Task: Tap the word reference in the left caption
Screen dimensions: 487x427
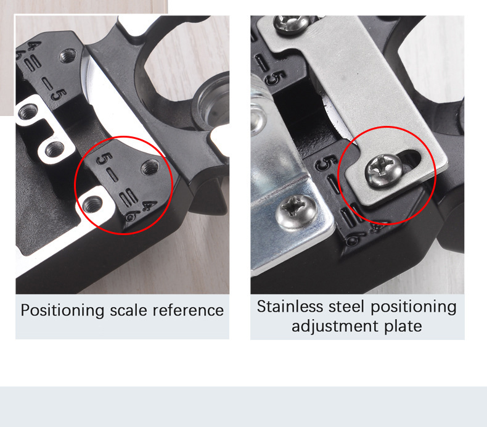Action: tap(188, 310)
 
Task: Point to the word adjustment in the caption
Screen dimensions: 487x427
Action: tap(335, 326)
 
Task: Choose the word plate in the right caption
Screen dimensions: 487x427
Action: tap(403, 326)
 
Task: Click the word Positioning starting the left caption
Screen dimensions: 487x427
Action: tap(62, 311)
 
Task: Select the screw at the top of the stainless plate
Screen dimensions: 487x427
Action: tap(292, 24)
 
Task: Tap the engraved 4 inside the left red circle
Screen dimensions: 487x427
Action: tap(149, 205)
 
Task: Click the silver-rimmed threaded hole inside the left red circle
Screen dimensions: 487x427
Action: tap(93, 204)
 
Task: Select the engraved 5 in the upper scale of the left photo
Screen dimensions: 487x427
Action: tap(59, 95)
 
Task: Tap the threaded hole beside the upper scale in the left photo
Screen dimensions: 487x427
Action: tap(68, 56)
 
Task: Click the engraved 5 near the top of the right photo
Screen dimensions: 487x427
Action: tap(276, 78)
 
